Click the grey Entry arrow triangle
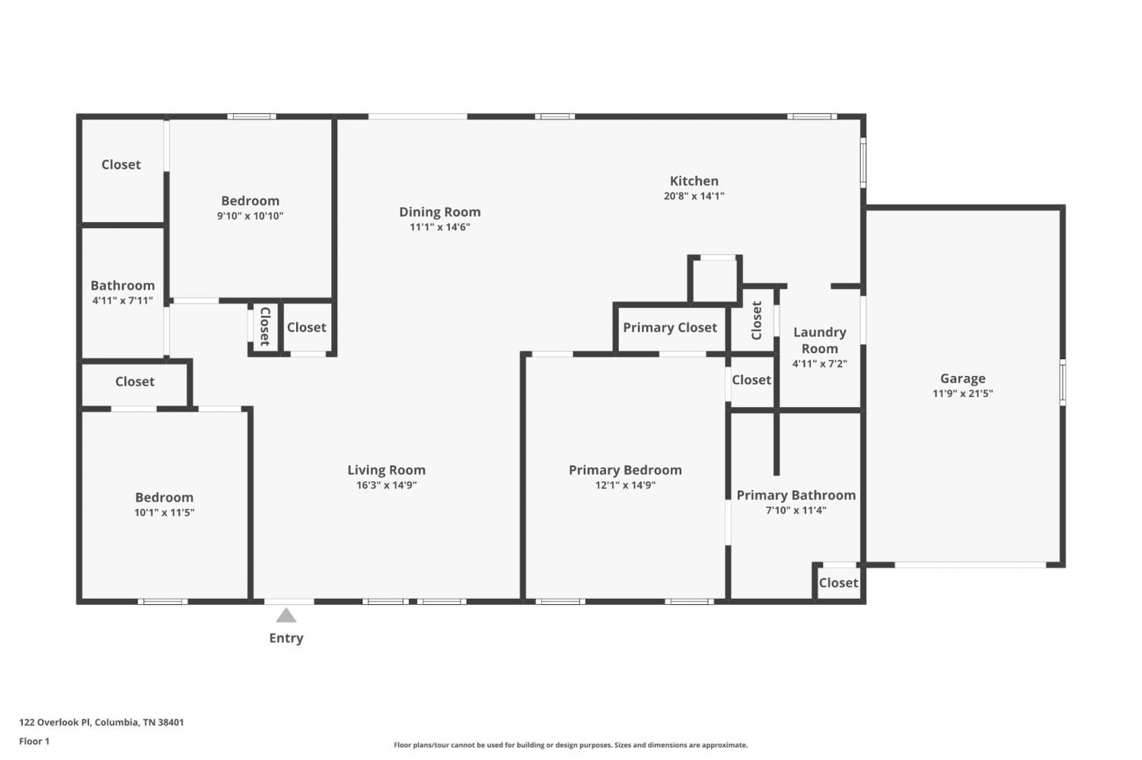pos(286,615)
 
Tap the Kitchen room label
pos(694,181)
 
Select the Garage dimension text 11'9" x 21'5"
pos(962,393)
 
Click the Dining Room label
pos(439,212)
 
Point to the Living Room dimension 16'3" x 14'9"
pos(387,485)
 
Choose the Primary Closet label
pos(670,328)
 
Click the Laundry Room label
pos(819,340)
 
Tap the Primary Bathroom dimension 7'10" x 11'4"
pos(796,510)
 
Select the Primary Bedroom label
pos(625,470)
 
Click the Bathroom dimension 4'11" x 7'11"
pos(123,301)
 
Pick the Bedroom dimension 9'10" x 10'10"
pos(250,216)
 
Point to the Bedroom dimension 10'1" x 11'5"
pos(164,513)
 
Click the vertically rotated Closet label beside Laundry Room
pos(757,320)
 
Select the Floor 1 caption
pos(34,741)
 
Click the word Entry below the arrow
pos(286,638)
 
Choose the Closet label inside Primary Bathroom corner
pos(838,583)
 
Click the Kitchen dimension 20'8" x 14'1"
pos(694,196)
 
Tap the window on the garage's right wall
pos(1063,383)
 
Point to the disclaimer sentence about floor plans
pos(570,745)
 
